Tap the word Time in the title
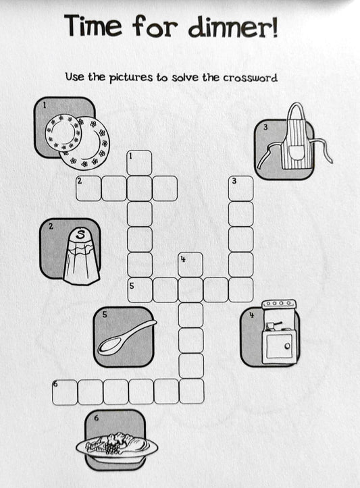click(94, 27)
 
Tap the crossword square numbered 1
click(139, 163)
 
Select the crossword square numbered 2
click(88, 188)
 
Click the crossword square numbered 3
click(240, 188)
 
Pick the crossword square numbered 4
click(190, 264)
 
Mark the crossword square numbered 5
click(140, 290)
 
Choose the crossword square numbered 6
click(64, 391)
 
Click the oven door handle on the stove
click(287, 347)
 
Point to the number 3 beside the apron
click(265, 127)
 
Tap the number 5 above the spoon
click(104, 313)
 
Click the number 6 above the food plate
click(96, 418)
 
